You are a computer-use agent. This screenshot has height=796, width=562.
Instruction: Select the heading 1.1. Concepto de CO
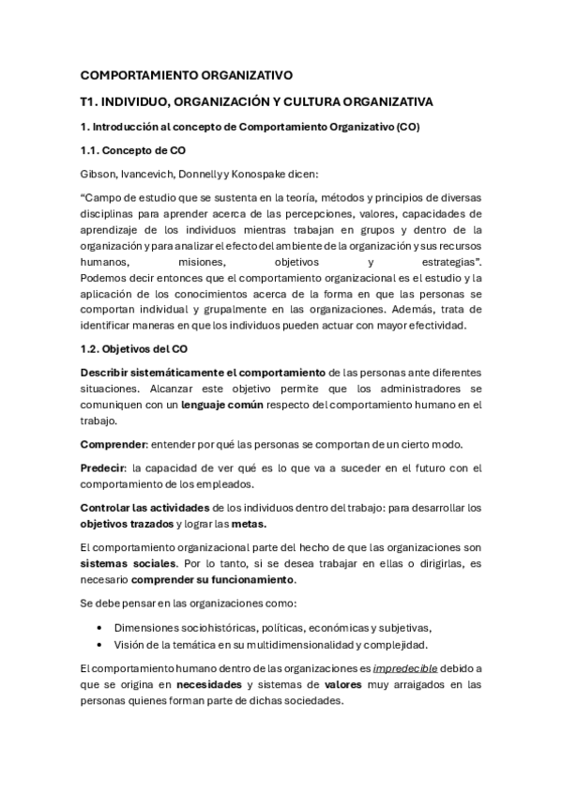127,149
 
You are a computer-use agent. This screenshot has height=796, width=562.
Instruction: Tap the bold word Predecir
103,468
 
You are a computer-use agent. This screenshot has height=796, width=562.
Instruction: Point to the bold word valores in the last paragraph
349,684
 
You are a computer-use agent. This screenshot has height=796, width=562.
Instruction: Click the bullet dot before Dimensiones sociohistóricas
100,627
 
